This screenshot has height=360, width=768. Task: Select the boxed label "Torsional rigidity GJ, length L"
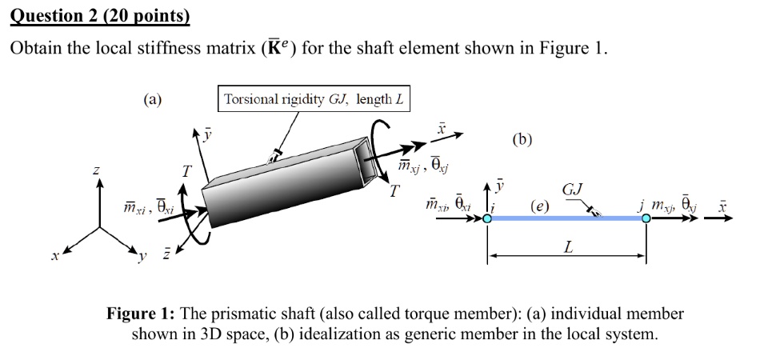click(x=314, y=100)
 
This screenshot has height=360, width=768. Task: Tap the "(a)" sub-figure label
click(x=152, y=100)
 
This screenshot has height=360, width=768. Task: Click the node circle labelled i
click(x=488, y=218)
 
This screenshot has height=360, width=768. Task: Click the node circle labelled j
click(x=646, y=218)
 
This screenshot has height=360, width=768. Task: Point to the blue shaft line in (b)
click(x=566, y=218)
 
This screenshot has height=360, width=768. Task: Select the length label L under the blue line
click(x=567, y=247)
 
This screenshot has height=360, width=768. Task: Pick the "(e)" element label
click(x=541, y=206)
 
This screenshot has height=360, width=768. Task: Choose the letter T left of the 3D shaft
click(x=186, y=170)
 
